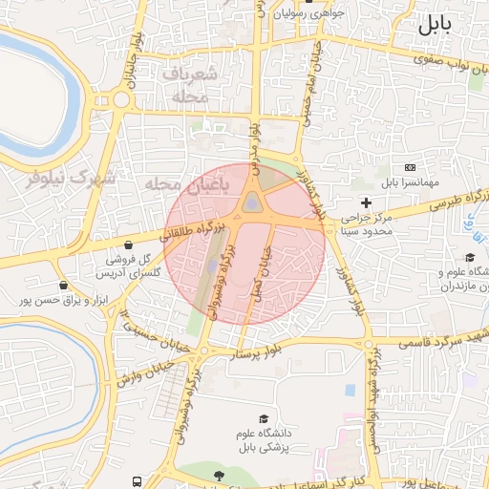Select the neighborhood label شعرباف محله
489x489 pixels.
pos(190,85)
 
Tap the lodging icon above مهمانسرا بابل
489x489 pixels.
pos(411,168)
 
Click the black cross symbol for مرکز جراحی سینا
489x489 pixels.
pos(366,202)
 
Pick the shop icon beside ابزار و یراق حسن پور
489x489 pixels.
pos(63,285)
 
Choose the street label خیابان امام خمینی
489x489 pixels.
pos(308,82)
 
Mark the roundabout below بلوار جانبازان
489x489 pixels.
pos(121,98)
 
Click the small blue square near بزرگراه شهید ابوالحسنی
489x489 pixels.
pos(351,390)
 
